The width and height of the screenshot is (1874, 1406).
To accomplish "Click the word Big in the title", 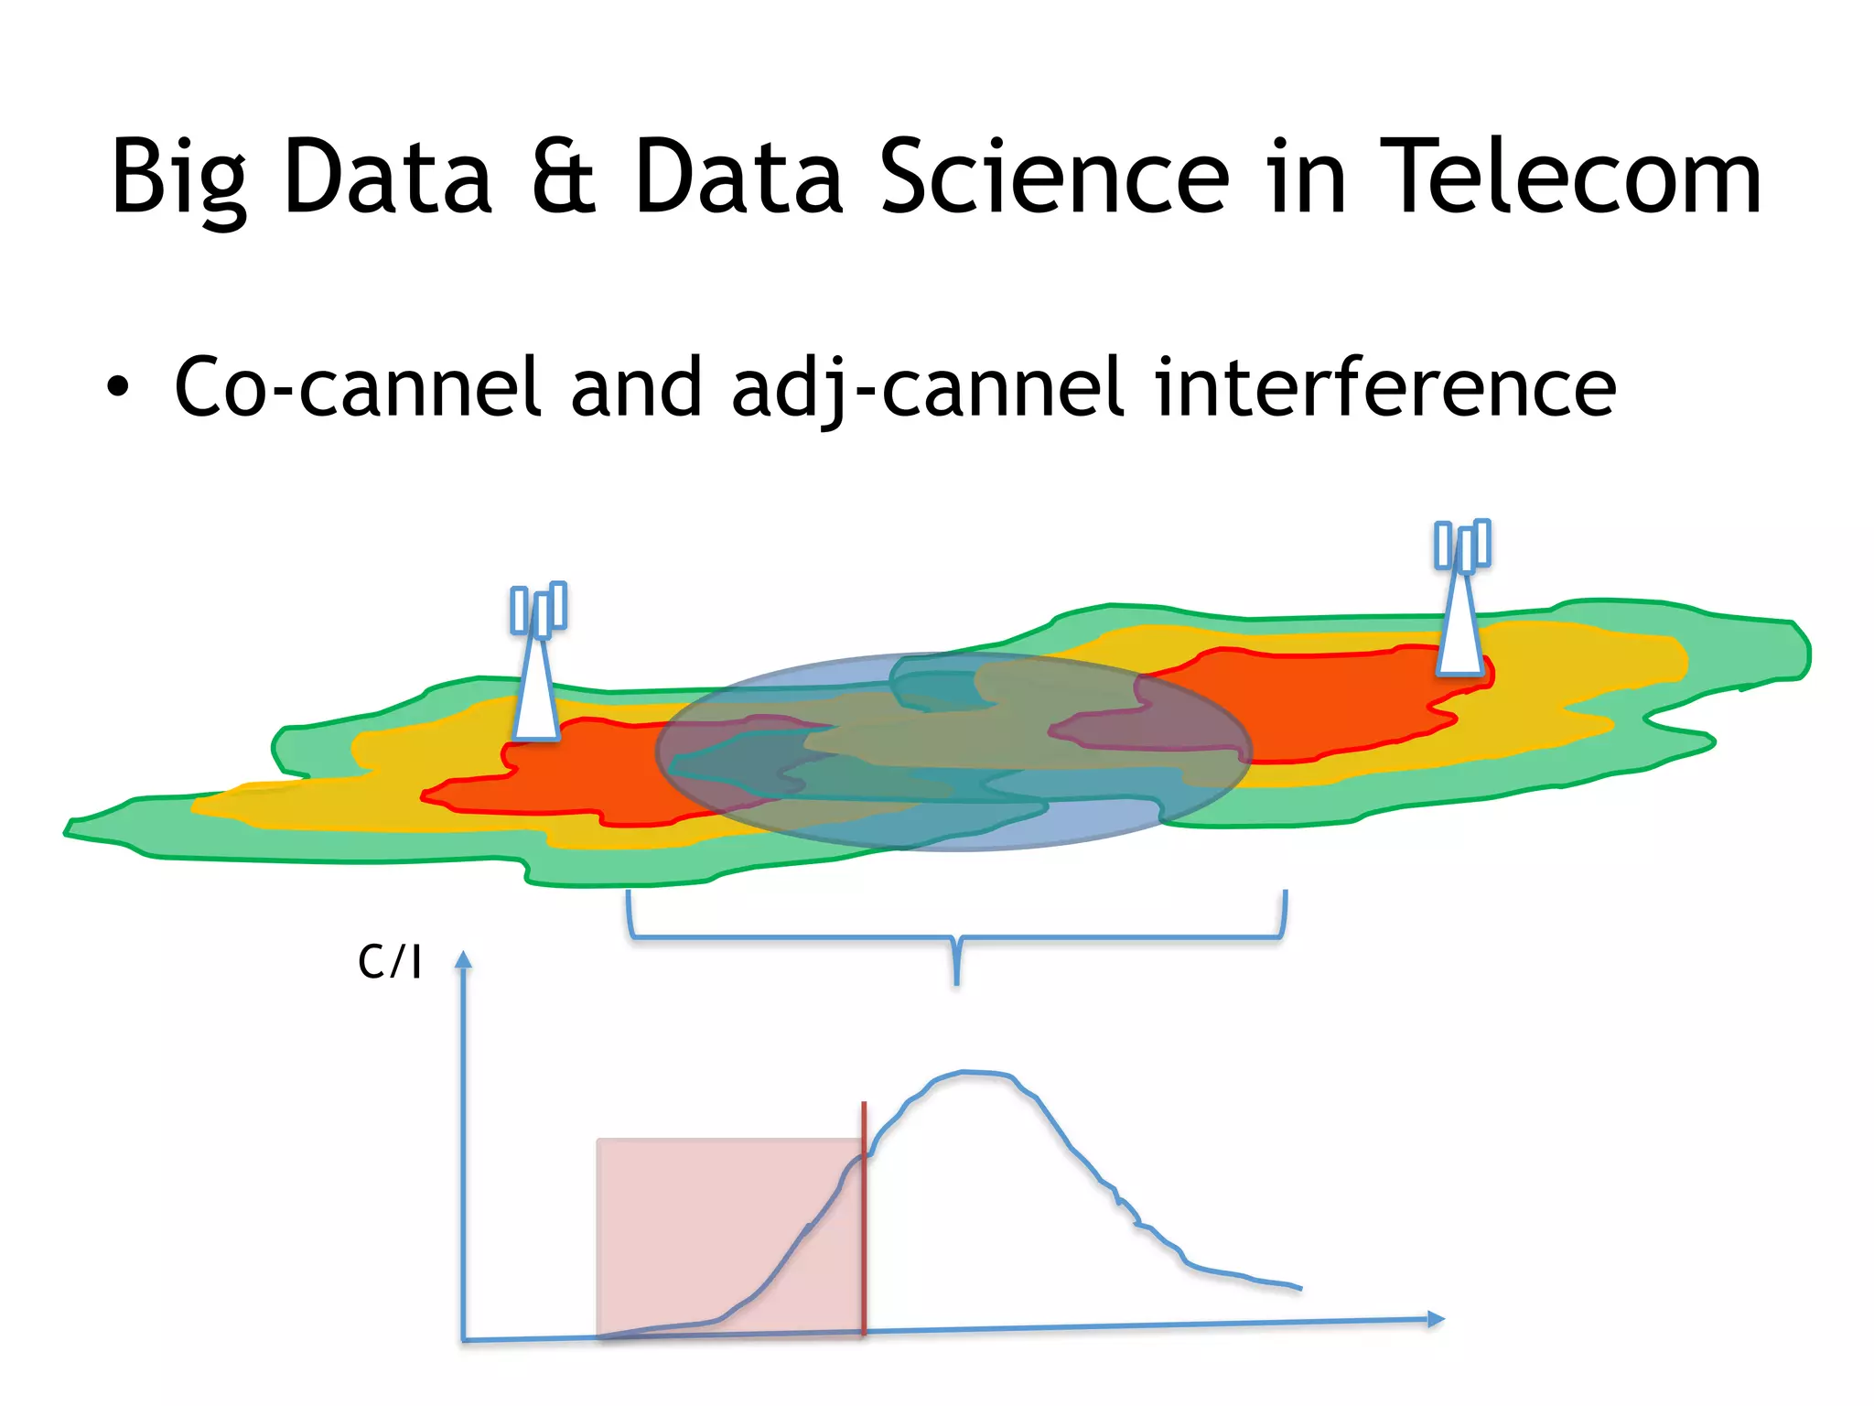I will click(178, 178).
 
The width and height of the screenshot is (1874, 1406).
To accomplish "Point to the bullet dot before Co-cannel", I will click(117, 387).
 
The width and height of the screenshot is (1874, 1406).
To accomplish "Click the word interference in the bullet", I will click(1385, 387).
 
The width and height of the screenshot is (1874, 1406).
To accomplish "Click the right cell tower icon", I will click(1461, 613).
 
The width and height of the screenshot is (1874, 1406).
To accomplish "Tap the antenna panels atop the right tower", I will click(1462, 546).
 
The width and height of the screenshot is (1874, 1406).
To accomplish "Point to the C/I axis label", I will click(390, 962).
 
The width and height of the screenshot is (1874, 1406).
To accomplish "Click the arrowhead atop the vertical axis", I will click(464, 959).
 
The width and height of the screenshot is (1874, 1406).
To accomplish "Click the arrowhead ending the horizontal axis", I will click(1436, 1319).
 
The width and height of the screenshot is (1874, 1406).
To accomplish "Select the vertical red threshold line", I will click(864, 1217).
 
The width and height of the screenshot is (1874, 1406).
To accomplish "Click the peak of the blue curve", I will click(965, 1072).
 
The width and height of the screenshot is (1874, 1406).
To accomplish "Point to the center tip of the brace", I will click(957, 979).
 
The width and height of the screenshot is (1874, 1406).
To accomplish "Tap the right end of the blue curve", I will click(1298, 1288).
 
